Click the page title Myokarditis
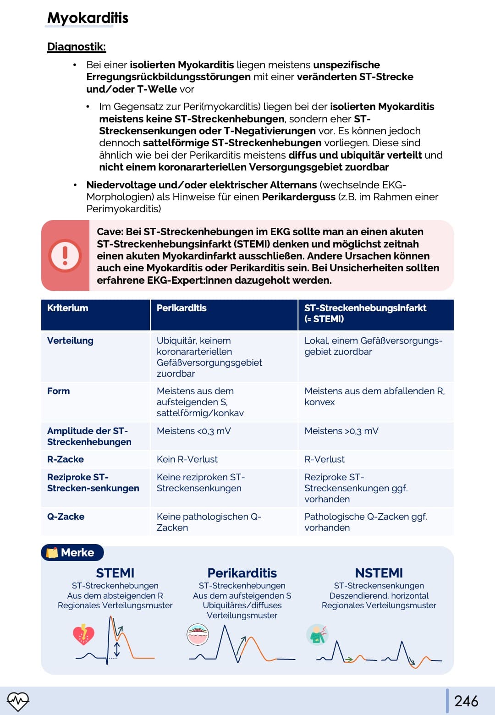coord(88,18)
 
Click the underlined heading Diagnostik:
coord(76,47)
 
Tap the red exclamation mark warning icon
coord(65,255)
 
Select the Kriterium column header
coord(67,308)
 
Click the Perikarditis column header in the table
coord(181,308)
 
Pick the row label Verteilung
coord(70,341)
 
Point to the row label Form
coord(58,391)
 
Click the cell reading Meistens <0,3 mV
coord(193,431)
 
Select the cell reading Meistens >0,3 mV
coord(341,431)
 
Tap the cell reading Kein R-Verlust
coord(187,459)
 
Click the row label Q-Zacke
coord(66,517)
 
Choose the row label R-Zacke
coord(66,459)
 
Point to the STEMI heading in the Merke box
coord(115,573)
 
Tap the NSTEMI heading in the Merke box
coord(379,573)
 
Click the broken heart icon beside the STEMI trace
coord(83,634)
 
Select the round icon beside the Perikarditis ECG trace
coord(198,635)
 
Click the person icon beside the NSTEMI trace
coord(317,634)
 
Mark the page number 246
coord(466,701)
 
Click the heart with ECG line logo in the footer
coord(18,701)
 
